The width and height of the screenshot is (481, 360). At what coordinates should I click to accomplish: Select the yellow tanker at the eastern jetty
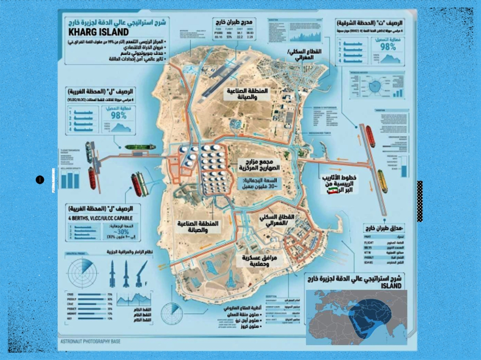(x=382, y=181)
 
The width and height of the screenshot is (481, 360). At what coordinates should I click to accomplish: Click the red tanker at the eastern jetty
(x=370, y=137)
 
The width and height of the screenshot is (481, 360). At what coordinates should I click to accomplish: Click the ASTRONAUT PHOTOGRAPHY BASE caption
(x=90, y=342)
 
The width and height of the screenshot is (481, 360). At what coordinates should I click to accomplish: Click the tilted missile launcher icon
(x=140, y=273)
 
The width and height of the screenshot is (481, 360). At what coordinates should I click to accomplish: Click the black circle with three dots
(x=39, y=180)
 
